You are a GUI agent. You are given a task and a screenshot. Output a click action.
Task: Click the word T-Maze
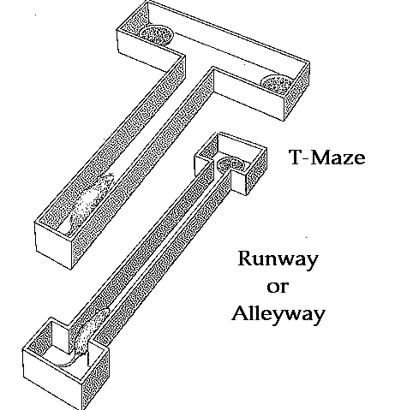(327, 157)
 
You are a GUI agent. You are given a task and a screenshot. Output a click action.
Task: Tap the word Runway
(278, 259)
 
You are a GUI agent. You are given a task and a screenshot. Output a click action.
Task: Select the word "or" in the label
(277, 287)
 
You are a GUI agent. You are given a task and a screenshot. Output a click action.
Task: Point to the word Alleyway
(278, 315)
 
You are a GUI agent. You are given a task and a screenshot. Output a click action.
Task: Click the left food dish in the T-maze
(157, 34)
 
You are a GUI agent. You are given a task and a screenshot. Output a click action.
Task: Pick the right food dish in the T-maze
(277, 83)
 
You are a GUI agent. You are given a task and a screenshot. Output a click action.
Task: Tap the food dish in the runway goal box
(230, 164)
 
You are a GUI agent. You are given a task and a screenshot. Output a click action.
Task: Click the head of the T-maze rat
(105, 180)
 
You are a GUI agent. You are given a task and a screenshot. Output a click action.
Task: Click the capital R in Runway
(246, 258)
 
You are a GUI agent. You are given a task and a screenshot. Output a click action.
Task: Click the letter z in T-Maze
(346, 159)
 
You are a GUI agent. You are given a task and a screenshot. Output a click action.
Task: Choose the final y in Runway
(311, 262)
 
